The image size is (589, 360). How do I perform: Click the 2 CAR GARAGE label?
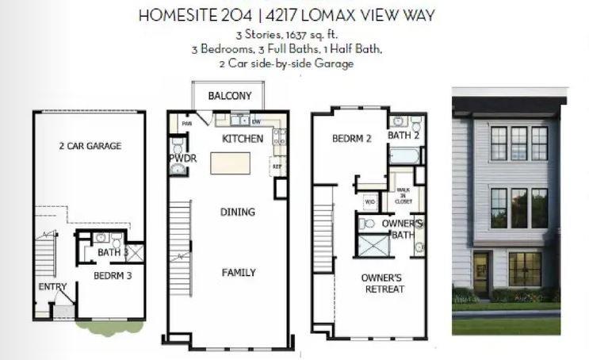(x=90, y=146)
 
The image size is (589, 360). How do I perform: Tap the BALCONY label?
(x=230, y=97)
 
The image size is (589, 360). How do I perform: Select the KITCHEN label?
(x=243, y=139)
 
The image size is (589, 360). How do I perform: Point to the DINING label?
(x=238, y=212)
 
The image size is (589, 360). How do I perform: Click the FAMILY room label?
(x=239, y=273)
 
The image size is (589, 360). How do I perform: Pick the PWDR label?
(x=182, y=158)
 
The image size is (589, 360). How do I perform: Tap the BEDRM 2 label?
(x=352, y=139)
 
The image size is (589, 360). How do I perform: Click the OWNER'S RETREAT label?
(x=382, y=283)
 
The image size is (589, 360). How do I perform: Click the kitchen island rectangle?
(x=229, y=163)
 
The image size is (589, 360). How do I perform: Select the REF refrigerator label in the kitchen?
(x=277, y=167)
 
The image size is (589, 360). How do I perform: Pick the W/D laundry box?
(x=370, y=201)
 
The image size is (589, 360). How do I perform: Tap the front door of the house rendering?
(x=480, y=270)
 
